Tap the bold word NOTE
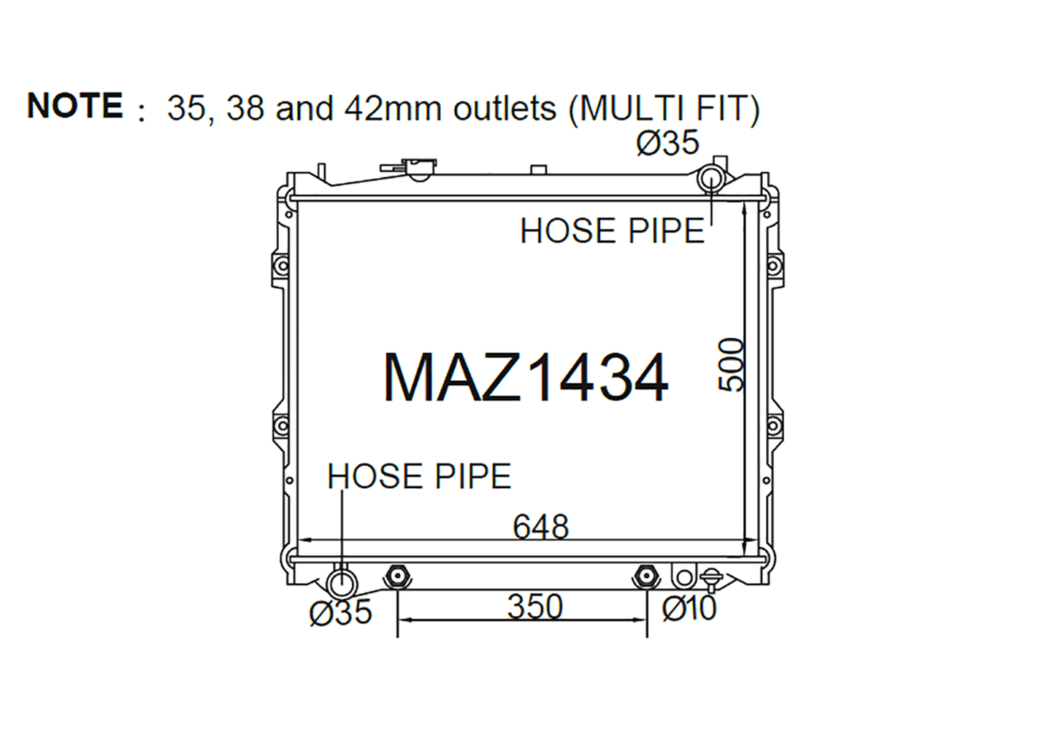pos(75,105)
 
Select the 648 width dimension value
pos(541,527)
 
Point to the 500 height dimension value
pos(730,365)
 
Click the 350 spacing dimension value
pos(535,606)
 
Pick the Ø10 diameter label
pos(689,608)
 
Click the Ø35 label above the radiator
pos(667,142)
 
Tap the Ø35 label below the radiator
pos(340,611)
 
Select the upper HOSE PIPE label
pos(612,231)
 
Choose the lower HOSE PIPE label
pos(419,476)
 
